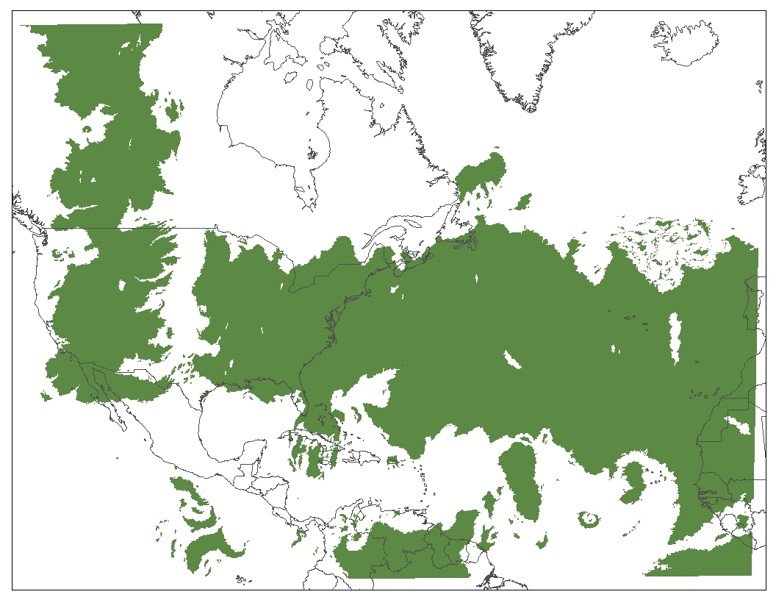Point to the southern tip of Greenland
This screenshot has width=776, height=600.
tap(528, 109)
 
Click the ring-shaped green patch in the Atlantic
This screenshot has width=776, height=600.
tap(589, 519)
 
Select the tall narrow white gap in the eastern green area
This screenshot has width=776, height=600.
tap(674, 338)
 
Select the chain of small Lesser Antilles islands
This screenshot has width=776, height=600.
tap(425, 482)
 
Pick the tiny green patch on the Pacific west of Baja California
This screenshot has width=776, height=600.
tap(46, 397)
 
